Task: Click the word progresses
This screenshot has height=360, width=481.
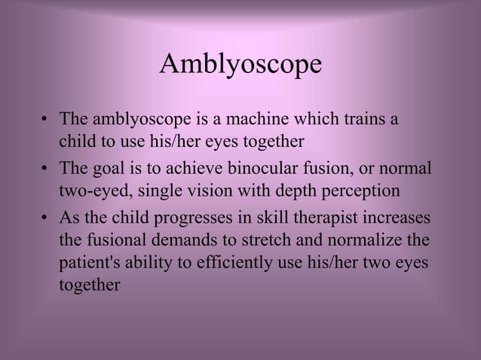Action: pyautogui.click(x=191, y=219)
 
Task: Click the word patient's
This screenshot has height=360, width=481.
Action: pyautogui.click(x=90, y=264)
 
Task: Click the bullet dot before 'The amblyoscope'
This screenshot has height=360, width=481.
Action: pyautogui.click(x=45, y=121)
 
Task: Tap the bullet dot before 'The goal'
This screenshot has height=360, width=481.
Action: pyautogui.click(x=45, y=169)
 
